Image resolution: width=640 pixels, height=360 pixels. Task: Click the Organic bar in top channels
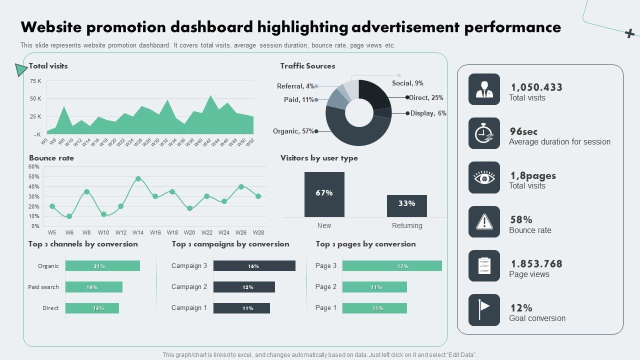(102, 266)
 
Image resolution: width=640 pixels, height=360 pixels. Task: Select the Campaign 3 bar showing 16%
(254, 266)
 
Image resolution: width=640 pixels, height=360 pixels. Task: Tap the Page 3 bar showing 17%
(392, 266)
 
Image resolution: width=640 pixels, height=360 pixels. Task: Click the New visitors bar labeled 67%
(324, 194)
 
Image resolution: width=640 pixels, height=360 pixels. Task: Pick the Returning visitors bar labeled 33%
(406, 205)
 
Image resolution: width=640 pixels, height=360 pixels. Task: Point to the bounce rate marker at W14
(138, 178)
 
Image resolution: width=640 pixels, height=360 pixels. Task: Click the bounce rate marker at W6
(69, 216)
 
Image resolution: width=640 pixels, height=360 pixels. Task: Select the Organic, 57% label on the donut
(293, 131)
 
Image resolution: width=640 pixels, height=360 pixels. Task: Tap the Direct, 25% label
(426, 98)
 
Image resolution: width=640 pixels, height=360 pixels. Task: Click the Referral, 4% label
(295, 86)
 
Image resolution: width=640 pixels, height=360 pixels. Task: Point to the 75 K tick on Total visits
(35, 81)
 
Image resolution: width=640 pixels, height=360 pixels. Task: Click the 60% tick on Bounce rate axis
(34, 166)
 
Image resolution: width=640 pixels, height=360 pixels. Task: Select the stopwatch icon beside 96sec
(484, 133)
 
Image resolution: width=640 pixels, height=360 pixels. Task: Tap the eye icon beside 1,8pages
(484, 177)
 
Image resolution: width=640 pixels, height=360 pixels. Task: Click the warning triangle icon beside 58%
(484, 221)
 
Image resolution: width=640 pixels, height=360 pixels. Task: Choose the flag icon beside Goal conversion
(484, 309)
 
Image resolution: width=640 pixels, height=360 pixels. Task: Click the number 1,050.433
(536, 87)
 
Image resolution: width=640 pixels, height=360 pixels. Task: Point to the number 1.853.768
(536, 264)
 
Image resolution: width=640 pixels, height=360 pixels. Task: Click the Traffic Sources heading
(307, 66)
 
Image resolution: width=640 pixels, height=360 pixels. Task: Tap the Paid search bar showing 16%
(94, 287)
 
